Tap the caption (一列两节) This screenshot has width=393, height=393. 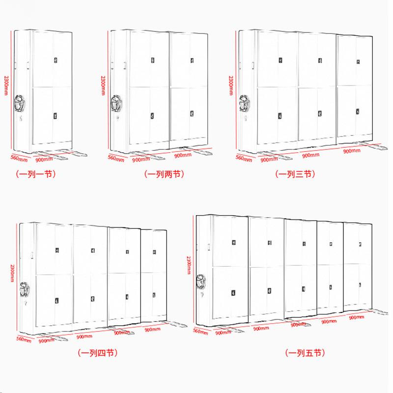[165, 173]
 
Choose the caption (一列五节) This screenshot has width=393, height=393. [305, 353]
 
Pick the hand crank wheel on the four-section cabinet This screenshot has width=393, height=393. [25, 289]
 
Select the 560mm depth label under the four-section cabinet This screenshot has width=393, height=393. [24, 339]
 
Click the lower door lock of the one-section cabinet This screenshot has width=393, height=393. [55, 116]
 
